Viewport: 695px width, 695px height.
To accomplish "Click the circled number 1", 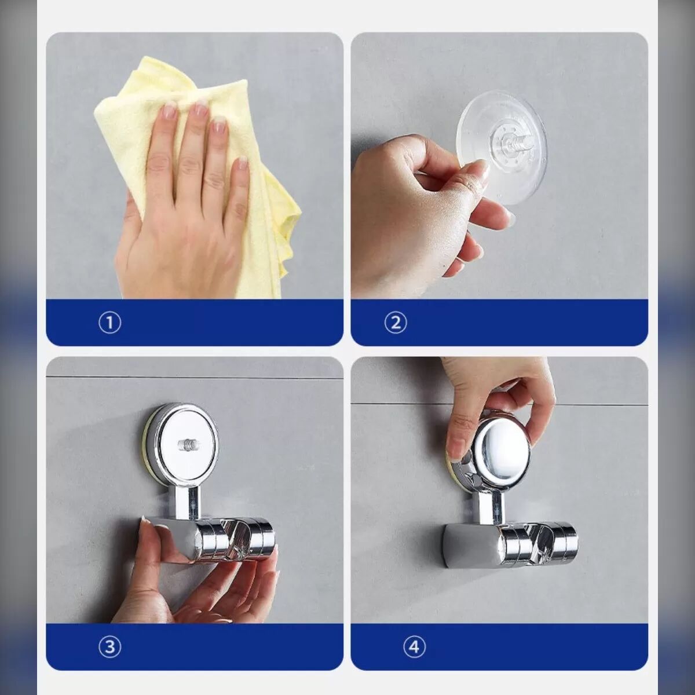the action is pyautogui.click(x=109, y=323).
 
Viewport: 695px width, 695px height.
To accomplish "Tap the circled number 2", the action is pyautogui.click(x=396, y=323).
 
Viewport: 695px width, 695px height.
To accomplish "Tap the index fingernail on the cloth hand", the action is pyautogui.click(x=170, y=109).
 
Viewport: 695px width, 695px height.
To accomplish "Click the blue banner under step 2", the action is pyautogui.click(x=499, y=323).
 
